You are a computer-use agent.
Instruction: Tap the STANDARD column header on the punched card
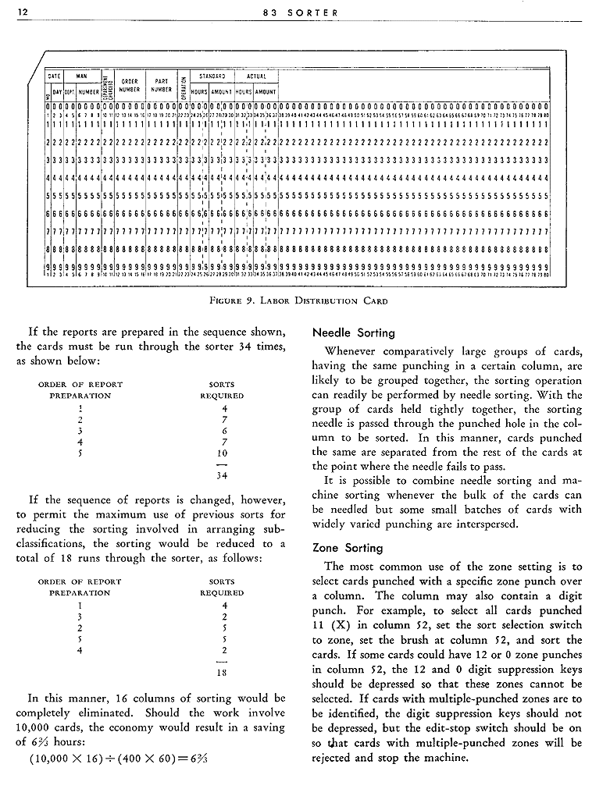212,76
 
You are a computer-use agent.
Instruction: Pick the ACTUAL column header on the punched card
255,76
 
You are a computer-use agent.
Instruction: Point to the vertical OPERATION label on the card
182,84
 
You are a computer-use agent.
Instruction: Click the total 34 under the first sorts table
223,475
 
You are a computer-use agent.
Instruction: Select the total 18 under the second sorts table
223,672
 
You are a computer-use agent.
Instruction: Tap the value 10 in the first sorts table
223,453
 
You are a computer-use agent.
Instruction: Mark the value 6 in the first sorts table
223,430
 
